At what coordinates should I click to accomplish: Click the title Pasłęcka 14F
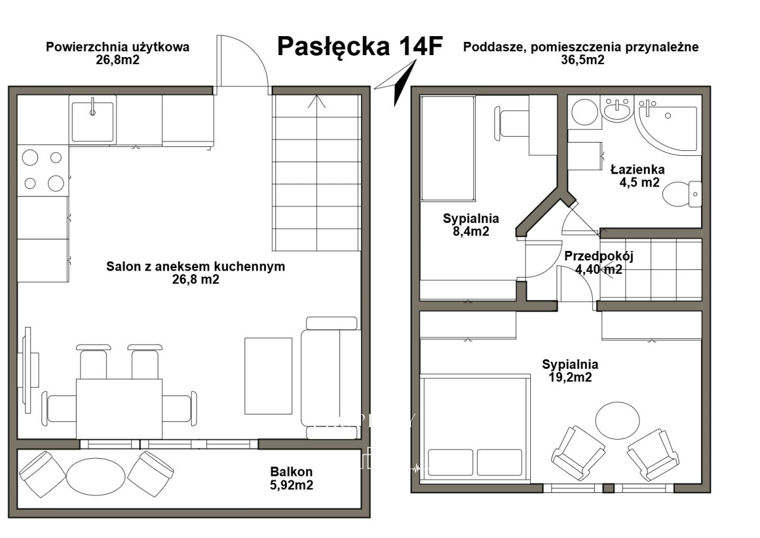click(360, 46)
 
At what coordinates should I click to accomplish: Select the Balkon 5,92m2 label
click(291, 478)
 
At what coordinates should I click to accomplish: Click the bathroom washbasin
click(617, 108)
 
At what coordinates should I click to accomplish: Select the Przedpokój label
click(599, 256)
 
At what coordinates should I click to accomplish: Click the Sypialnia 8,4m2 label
click(471, 225)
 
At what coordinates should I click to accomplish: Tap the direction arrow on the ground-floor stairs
click(317, 101)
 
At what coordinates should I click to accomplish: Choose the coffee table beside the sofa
click(269, 376)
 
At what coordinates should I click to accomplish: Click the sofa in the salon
click(331, 378)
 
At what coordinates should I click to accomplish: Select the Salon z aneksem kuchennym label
click(196, 266)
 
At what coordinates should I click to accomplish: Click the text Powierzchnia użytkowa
click(118, 47)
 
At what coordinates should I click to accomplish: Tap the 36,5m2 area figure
click(583, 60)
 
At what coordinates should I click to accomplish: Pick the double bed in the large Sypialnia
click(475, 428)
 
